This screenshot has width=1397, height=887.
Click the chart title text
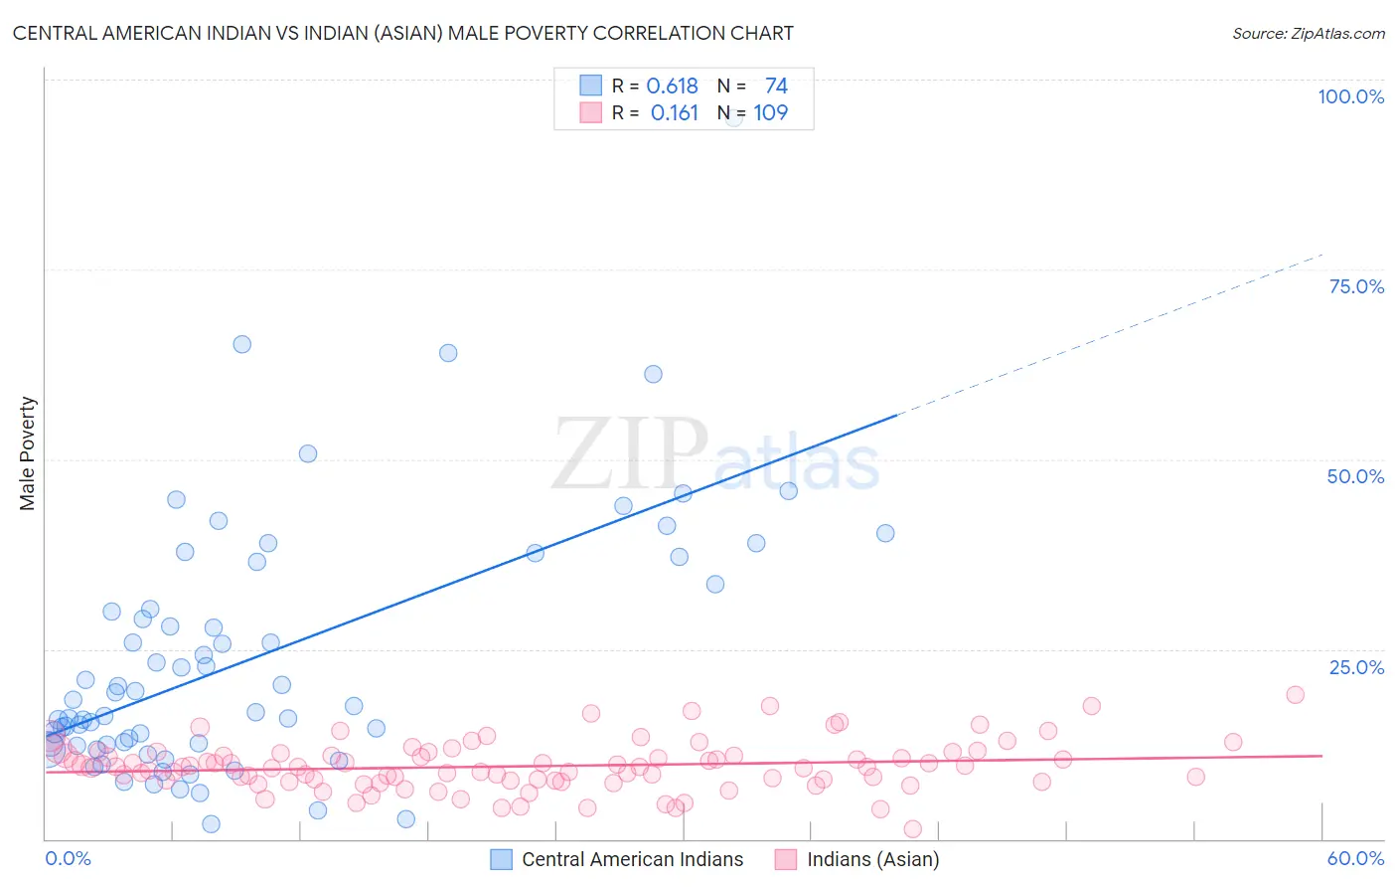[x=402, y=33]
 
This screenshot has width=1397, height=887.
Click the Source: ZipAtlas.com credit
[x=1308, y=33]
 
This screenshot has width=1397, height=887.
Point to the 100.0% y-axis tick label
[x=1350, y=96]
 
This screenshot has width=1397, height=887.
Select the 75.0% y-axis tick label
[x=1356, y=286]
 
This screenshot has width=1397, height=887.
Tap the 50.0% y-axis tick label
[x=1355, y=476]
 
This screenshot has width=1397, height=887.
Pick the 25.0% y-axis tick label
[x=1356, y=667]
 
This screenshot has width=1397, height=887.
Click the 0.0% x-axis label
[x=68, y=858]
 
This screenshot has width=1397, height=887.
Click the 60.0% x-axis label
[x=1355, y=858]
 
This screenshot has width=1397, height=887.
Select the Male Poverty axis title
[x=28, y=453]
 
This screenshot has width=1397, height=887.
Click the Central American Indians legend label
[x=632, y=859]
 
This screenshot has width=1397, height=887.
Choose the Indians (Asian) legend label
[x=872, y=859]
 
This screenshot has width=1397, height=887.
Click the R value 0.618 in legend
[x=672, y=87]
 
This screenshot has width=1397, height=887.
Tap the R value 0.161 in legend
[x=674, y=113]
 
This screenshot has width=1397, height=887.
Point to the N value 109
[x=770, y=113]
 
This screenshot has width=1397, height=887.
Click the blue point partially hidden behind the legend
[x=734, y=117]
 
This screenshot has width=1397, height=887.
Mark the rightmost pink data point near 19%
[x=1295, y=694]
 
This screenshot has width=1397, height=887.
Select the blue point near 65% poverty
[x=241, y=344]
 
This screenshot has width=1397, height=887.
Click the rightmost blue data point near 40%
[x=885, y=533]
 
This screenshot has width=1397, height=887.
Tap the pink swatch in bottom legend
[x=786, y=859]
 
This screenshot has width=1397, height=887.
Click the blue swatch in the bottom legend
[x=501, y=859]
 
